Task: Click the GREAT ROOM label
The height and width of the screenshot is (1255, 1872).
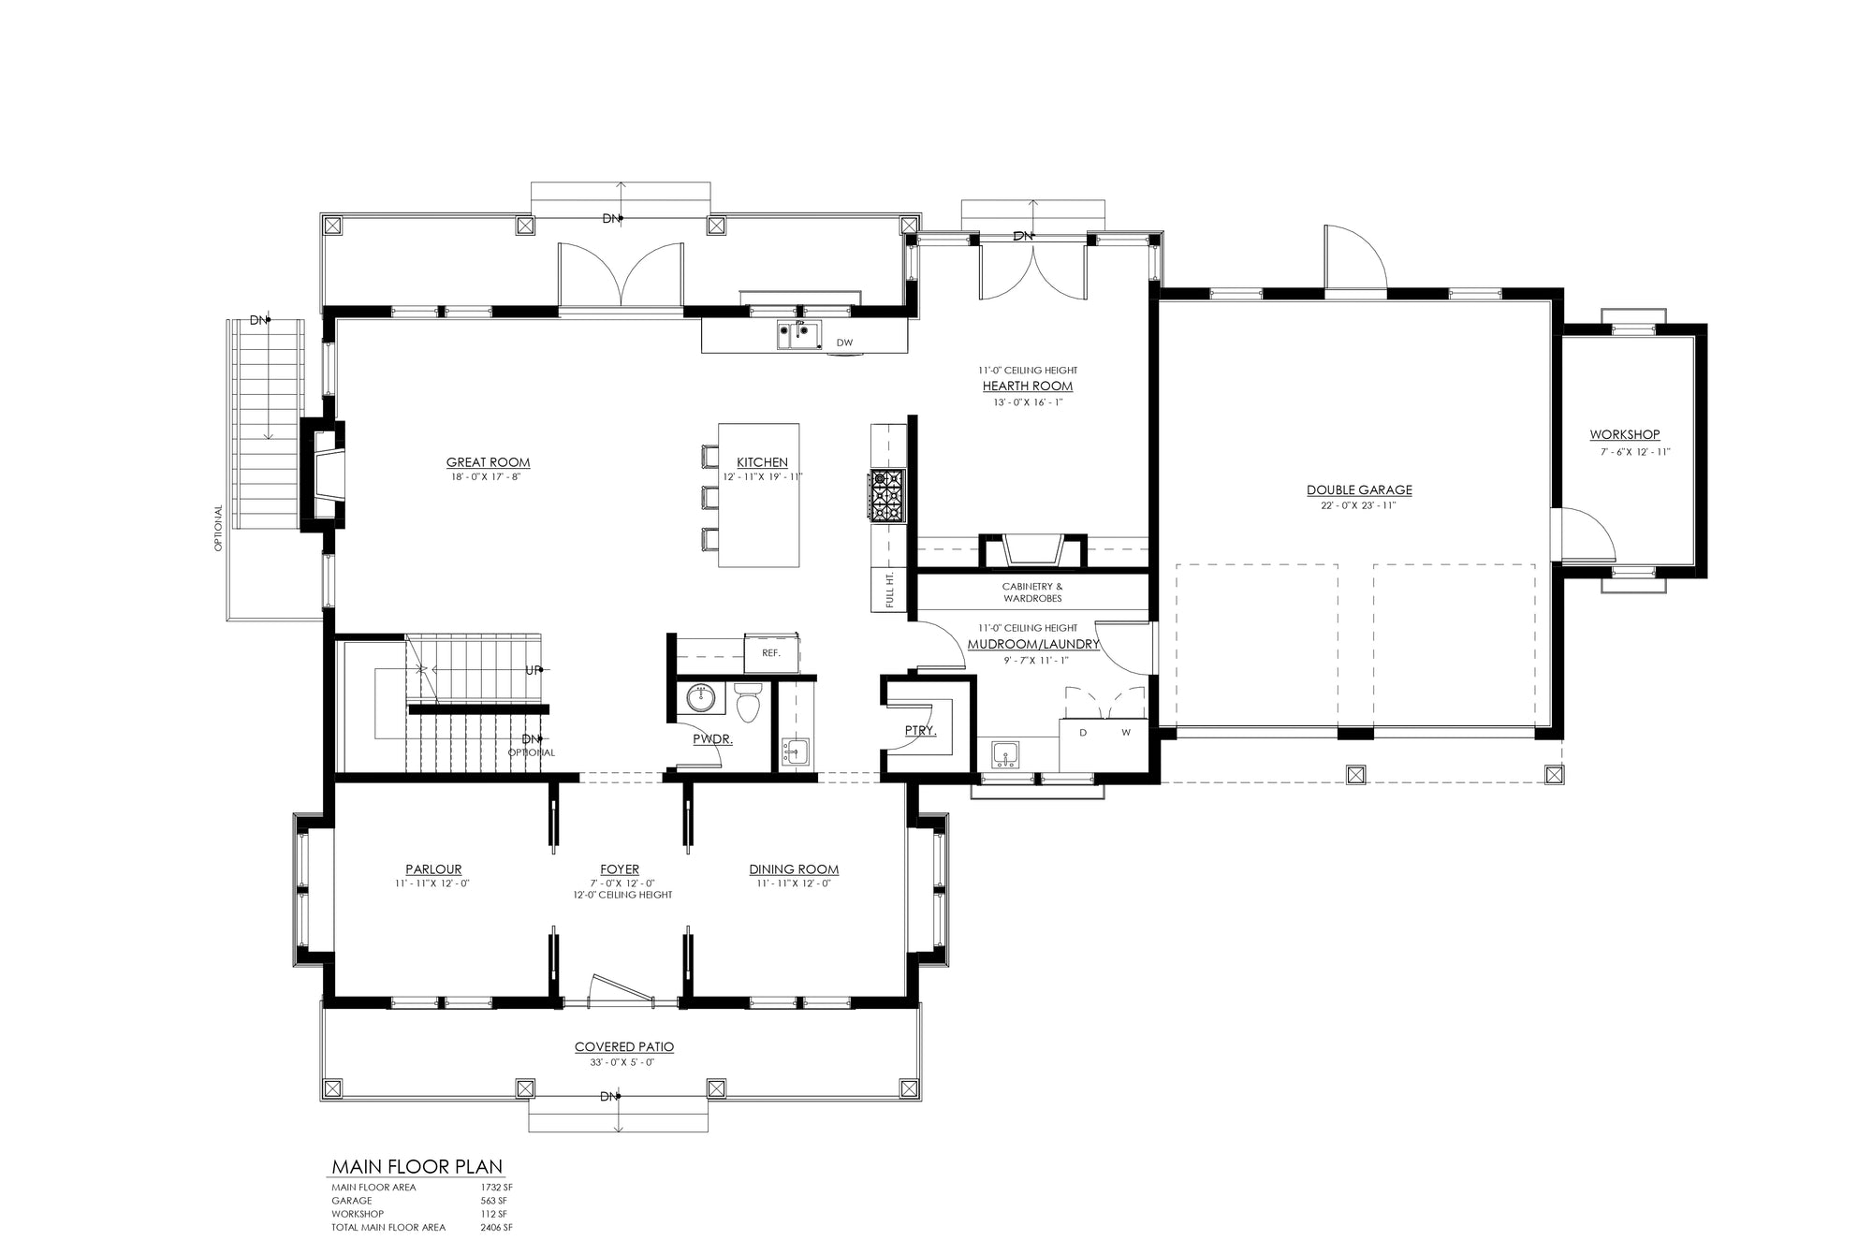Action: click(x=488, y=462)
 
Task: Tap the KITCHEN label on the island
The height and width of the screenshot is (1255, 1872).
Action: click(x=762, y=462)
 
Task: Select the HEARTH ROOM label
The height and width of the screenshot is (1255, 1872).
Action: click(x=1028, y=386)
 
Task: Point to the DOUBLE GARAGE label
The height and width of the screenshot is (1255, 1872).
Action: click(x=1359, y=489)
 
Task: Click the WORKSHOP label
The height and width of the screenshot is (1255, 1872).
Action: click(x=1625, y=434)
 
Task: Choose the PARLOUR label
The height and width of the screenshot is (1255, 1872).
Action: click(x=433, y=869)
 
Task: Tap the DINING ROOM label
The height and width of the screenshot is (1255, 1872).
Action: click(x=794, y=869)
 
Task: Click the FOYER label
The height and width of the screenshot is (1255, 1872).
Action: click(x=620, y=869)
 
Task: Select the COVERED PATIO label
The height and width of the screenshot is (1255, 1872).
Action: click(x=624, y=1047)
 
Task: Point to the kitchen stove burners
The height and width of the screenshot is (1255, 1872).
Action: click(x=887, y=495)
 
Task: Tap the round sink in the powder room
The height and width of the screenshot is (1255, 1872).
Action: click(x=701, y=697)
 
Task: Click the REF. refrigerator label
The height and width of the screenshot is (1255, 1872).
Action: click(x=771, y=653)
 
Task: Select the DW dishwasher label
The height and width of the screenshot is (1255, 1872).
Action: click(x=845, y=343)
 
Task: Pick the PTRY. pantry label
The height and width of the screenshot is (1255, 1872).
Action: click(x=921, y=731)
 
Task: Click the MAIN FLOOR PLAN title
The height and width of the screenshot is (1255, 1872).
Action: click(x=417, y=1167)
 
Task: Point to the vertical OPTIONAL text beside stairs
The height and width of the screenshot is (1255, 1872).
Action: click(x=219, y=529)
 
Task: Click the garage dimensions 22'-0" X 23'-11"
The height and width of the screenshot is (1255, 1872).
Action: click(x=1359, y=506)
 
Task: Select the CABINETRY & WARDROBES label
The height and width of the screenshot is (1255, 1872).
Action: click(x=1032, y=592)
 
